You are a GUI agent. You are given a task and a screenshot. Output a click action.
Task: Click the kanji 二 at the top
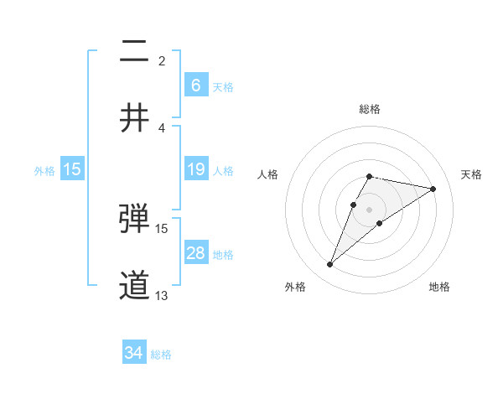click(134, 51)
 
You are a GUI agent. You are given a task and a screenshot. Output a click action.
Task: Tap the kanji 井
click(134, 118)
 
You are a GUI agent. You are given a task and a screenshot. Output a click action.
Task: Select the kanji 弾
click(134, 219)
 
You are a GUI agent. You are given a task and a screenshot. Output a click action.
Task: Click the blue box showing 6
click(195, 85)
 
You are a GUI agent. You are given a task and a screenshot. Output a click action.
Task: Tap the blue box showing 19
click(195, 169)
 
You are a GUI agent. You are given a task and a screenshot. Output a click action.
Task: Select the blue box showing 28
click(195, 253)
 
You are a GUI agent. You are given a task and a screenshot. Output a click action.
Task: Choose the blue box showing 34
click(133, 353)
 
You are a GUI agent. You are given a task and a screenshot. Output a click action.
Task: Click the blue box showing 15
click(72, 169)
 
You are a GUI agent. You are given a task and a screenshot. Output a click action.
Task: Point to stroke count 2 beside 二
click(162, 60)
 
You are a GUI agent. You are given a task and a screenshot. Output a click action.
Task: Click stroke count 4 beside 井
click(162, 127)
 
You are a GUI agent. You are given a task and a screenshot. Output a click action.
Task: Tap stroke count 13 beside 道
click(162, 295)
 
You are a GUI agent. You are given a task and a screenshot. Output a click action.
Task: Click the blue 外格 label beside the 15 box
click(44, 170)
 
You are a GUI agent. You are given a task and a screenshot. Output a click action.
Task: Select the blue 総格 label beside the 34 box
click(161, 354)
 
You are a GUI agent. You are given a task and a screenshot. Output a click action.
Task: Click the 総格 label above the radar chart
click(369, 109)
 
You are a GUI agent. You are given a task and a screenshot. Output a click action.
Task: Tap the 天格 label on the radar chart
click(471, 174)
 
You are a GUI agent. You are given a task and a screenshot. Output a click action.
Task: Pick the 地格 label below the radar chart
click(439, 287)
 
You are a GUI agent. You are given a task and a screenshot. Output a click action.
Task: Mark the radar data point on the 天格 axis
click(433, 189)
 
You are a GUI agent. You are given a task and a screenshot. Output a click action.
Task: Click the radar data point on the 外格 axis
click(329, 265)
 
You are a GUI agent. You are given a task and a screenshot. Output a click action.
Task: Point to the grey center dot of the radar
click(369, 210)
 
